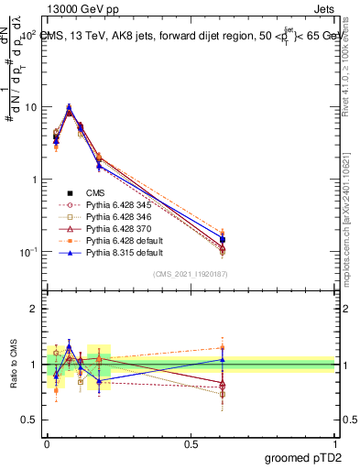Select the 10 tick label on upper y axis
(x=30, y=107)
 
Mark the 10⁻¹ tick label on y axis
(x=28, y=252)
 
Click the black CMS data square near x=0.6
(x=223, y=240)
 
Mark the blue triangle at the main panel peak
(x=69, y=107)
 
